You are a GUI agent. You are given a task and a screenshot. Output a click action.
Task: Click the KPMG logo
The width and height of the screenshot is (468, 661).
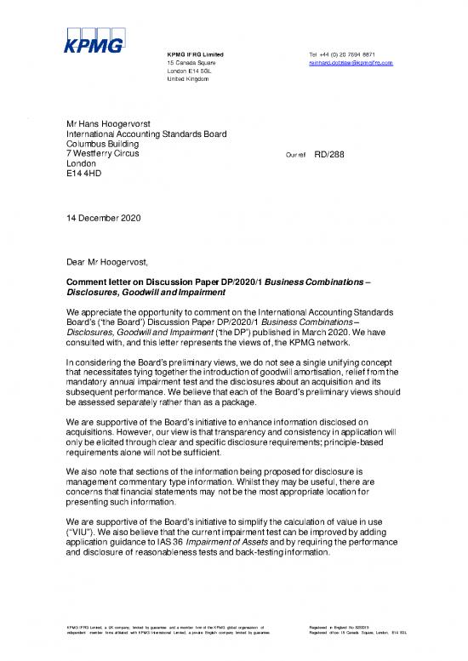[94, 40]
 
